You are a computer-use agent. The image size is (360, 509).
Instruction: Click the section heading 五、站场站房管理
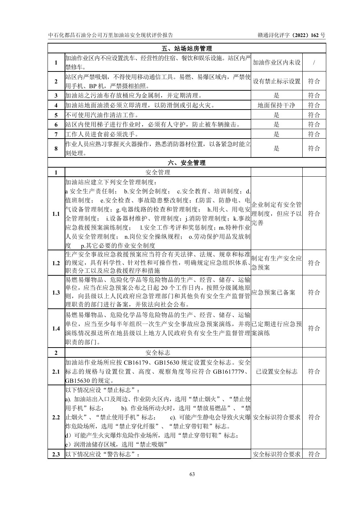point(187,49)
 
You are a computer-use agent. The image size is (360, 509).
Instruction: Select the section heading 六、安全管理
point(187,163)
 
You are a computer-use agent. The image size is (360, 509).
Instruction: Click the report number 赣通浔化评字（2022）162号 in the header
point(291,35)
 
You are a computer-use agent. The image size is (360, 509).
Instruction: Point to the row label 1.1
point(56,214)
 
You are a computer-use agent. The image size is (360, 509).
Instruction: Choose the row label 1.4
point(56,329)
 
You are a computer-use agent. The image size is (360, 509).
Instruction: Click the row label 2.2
point(56,417)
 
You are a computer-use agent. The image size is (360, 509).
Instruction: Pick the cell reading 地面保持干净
point(276,106)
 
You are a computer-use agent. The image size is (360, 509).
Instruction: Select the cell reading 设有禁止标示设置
point(277,81)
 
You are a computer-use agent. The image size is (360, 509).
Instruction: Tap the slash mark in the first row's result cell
point(314,63)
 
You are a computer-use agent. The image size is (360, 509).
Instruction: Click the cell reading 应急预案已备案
point(273,292)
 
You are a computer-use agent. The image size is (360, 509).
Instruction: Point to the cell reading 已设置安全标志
point(277,372)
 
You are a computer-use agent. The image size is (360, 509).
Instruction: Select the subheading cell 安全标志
point(158,353)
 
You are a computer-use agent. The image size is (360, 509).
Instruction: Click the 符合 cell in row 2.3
point(314,454)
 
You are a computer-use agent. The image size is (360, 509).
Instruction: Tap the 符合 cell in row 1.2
point(314,263)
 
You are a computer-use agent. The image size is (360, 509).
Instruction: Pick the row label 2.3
point(56,454)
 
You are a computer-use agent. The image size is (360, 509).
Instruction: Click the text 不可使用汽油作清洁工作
point(102,115)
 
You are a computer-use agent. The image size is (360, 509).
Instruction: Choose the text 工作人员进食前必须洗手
point(102,135)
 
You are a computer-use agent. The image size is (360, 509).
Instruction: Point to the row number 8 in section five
point(56,148)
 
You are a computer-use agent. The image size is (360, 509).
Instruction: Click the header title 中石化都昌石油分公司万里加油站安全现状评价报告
point(111,35)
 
